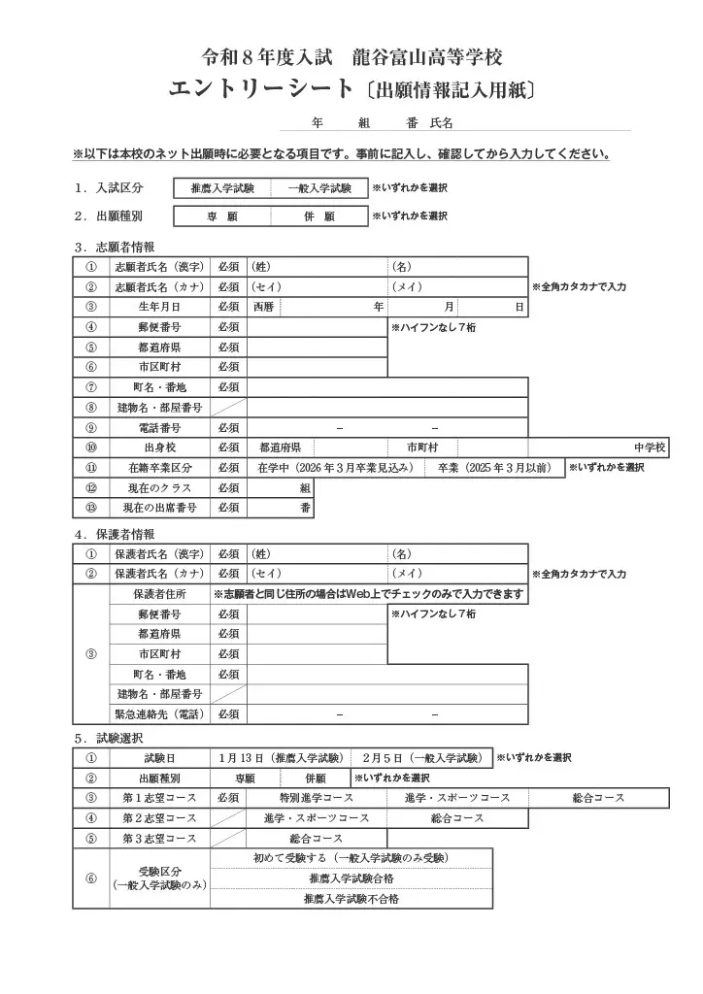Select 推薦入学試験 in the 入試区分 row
point(222,188)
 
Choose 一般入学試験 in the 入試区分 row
point(319,188)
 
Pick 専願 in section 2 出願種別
point(222,216)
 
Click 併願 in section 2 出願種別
point(319,216)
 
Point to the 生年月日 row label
point(158,307)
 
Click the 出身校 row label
point(158,447)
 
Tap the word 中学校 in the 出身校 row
point(650,447)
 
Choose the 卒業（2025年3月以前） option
point(494,468)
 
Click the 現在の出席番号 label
point(158,508)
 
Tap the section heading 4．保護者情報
point(114,534)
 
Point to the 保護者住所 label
point(158,594)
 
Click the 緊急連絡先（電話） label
point(158,714)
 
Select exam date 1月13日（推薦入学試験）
point(281,758)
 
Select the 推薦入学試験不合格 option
point(351,899)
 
